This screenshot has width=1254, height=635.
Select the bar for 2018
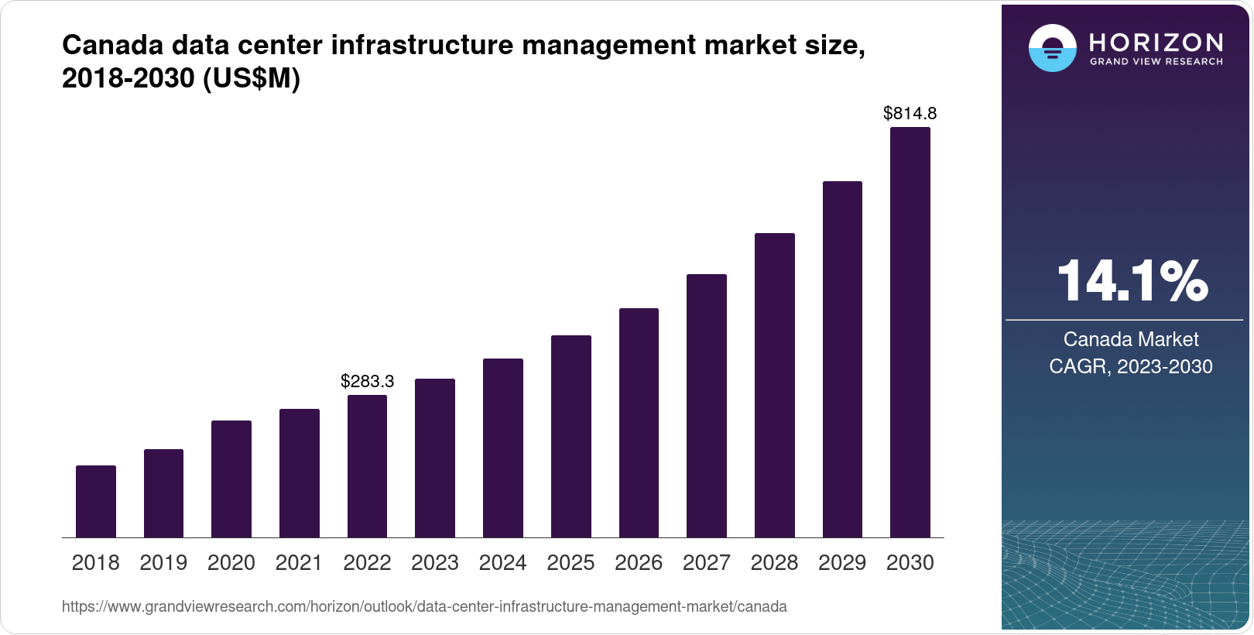coord(96,501)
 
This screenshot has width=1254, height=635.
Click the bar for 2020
coord(231,479)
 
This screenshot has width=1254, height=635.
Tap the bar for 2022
coord(367,466)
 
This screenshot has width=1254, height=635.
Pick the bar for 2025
coord(571,436)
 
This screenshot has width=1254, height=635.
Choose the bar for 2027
coord(707,406)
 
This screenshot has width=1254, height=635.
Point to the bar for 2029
coord(842,359)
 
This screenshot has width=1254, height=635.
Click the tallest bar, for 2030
coord(910,332)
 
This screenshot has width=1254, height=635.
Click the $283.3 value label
coord(368,381)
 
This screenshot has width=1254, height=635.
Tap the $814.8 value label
coord(910,113)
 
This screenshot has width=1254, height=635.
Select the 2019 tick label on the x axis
coord(163,562)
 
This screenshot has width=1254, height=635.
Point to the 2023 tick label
coord(435,562)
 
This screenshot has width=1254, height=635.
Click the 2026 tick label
coord(639,562)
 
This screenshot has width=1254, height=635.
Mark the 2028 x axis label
coord(774,562)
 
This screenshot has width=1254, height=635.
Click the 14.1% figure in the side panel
coord(1132,280)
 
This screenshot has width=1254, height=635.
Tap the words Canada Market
coord(1131,339)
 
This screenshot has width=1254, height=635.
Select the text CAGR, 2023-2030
coord(1131,366)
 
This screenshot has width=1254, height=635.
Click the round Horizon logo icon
coord(1052,48)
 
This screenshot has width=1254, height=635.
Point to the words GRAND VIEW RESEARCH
coord(1156,61)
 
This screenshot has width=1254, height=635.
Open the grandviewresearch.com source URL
coord(424,606)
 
